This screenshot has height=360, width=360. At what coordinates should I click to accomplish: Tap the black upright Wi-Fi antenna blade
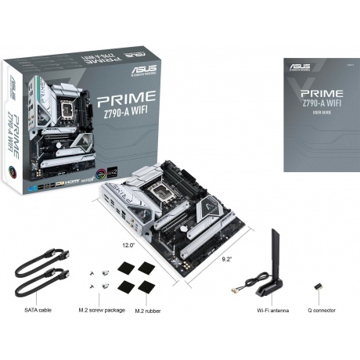tap(275, 254)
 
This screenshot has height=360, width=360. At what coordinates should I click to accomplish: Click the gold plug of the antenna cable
tap(234, 291)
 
